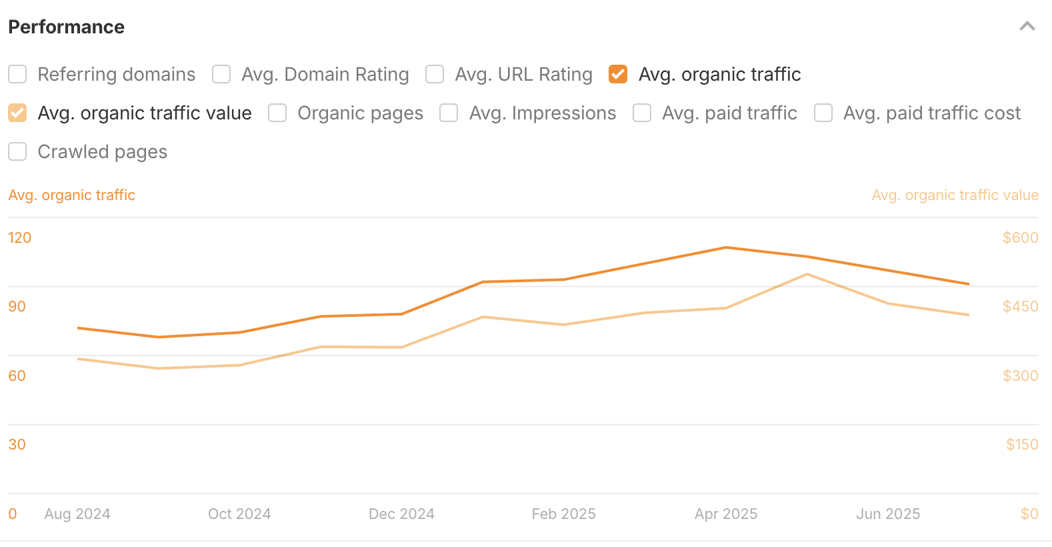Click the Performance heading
click(x=66, y=27)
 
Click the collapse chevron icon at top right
click(x=1027, y=27)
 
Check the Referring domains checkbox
click(x=17, y=74)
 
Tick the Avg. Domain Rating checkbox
click(x=221, y=74)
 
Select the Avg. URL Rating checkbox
click(x=435, y=74)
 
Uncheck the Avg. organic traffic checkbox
click(x=618, y=74)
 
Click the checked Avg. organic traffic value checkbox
click(x=17, y=113)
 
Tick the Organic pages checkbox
click(x=277, y=113)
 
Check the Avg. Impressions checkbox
click(x=449, y=113)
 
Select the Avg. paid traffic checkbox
click(x=642, y=113)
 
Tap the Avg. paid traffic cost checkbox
click(x=823, y=113)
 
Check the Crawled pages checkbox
click(x=17, y=151)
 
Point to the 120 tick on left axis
click(x=20, y=237)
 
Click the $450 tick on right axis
click(x=1020, y=306)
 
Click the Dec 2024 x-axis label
click(x=401, y=514)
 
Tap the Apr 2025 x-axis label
click(x=726, y=514)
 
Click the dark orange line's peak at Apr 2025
click(x=726, y=247)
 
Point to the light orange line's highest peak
click(x=807, y=274)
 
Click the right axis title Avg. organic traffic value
click(x=955, y=195)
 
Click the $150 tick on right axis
click(x=1022, y=444)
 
